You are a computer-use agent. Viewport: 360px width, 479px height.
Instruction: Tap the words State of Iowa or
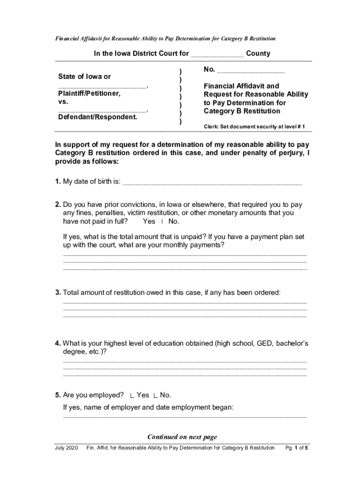[85, 77]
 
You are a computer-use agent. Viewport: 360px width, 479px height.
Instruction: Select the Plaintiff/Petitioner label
[89, 94]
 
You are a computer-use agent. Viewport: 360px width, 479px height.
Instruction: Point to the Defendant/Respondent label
[98, 117]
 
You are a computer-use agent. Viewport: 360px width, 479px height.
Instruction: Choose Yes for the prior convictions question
[149, 221]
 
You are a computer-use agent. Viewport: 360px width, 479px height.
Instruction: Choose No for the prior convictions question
[173, 221]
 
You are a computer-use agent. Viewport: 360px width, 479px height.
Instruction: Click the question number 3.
[58, 293]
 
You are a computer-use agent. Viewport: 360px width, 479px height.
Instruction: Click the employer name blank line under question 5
[185, 416]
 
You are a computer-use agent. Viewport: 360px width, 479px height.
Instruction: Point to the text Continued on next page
[182, 437]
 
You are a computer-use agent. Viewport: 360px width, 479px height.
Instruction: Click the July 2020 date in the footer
[66, 448]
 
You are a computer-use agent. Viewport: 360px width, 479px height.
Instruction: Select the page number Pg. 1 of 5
[296, 448]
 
